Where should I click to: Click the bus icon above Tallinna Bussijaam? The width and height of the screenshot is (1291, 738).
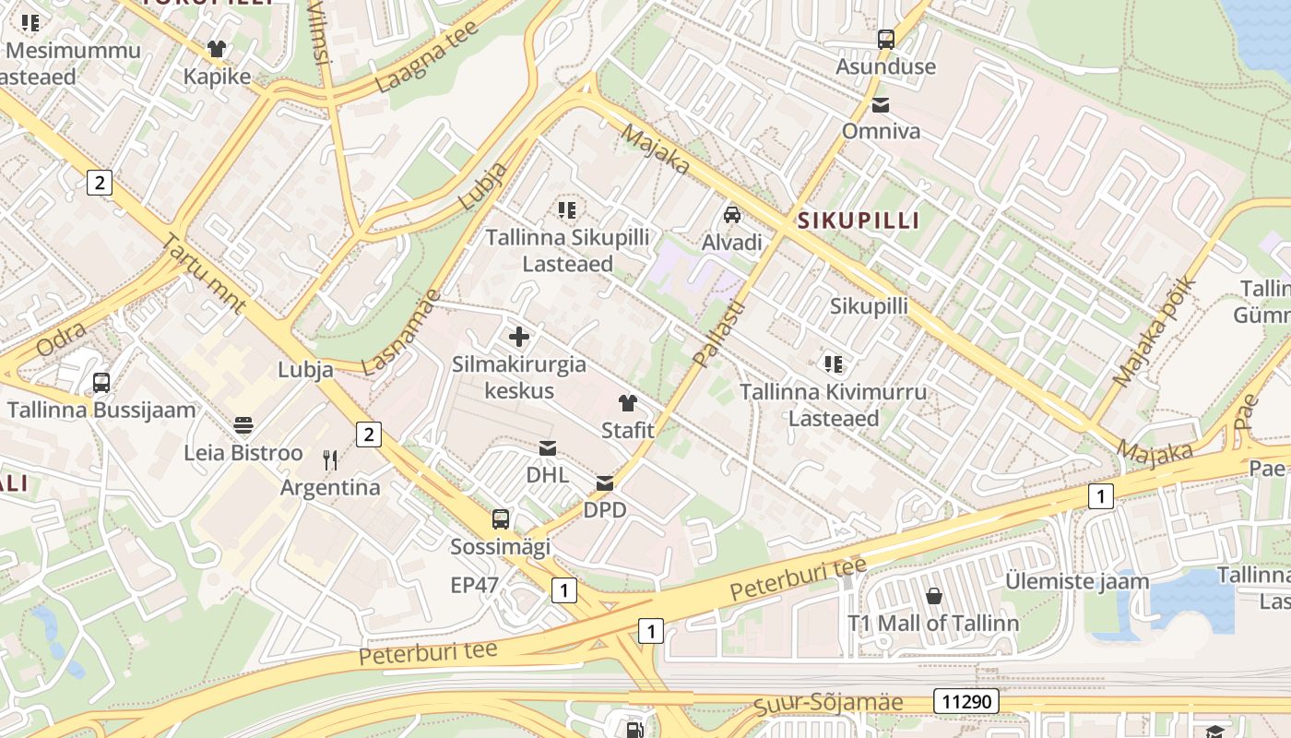(101, 382)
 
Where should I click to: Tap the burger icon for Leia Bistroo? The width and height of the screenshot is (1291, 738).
(243, 425)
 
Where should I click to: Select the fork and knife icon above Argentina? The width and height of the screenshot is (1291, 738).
(330, 459)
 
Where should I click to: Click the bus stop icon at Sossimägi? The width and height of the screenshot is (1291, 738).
(501, 518)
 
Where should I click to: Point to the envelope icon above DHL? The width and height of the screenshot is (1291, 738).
(548, 448)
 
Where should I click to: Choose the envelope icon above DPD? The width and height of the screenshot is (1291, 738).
(605, 482)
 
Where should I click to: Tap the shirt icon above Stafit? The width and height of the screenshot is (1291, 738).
(628, 402)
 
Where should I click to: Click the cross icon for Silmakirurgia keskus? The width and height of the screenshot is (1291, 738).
(519, 337)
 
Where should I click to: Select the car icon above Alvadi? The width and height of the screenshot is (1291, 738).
(732, 215)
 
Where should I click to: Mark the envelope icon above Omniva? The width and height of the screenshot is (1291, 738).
(881, 104)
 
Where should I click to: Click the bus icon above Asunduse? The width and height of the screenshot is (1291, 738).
(886, 39)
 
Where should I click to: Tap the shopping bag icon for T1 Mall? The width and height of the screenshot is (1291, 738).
(934, 596)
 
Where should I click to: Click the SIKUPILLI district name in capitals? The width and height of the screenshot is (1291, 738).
(859, 220)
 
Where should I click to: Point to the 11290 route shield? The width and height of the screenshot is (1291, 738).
(966, 702)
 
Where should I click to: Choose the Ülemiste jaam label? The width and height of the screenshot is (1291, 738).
(1077, 581)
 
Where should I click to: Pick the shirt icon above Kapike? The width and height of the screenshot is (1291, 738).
(217, 48)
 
